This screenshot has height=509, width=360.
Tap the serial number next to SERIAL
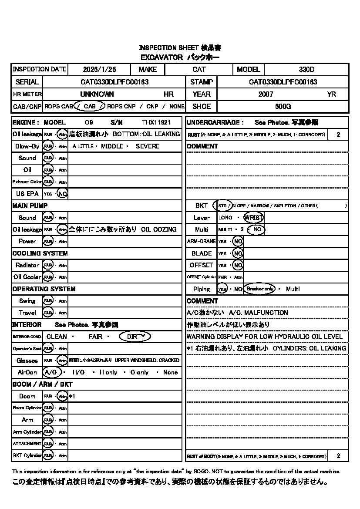pyautogui.click(x=115, y=82)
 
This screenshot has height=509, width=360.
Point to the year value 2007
pyautogui.click(x=266, y=94)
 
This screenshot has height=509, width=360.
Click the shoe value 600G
pyautogui.click(x=283, y=106)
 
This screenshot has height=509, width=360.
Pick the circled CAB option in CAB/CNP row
pyautogui.click(x=89, y=106)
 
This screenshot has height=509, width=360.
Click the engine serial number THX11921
pyautogui.click(x=156, y=122)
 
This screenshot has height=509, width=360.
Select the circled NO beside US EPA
pyautogui.click(x=63, y=194)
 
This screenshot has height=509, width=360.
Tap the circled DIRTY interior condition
pyautogui.click(x=136, y=337)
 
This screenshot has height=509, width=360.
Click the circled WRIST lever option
pyautogui.click(x=254, y=217)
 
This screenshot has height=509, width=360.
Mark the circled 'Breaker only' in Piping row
pyautogui.click(x=260, y=289)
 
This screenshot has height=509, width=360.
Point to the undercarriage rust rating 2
pyautogui.click(x=338, y=135)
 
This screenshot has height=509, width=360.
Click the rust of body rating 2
pyautogui.click(x=338, y=456)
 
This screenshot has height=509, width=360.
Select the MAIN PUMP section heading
pyautogui.click(x=30, y=206)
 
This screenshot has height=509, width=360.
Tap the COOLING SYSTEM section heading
pyautogui.click(x=40, y=253)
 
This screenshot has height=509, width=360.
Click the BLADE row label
pyautogui.click(x=202, y=253)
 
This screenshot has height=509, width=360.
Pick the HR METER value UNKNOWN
pyautogui.click(x=97, y=94)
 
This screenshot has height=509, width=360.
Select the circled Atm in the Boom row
pyautogui.click(x=63, y=396)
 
